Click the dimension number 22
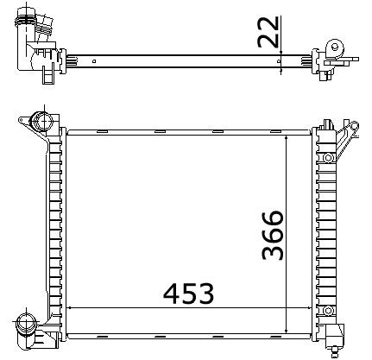click(x=268, y=32)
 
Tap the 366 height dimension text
click(x=273, y=235)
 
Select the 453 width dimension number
click(x=189, y=294)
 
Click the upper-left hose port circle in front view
click(x=43, y=121)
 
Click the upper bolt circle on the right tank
click(x=328, y=158)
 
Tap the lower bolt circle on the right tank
click(x=328, y=311)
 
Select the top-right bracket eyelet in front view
click(x=355, y=126)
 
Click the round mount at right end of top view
click(x=335, y=47)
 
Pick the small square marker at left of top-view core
click(x=94, y=61)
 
